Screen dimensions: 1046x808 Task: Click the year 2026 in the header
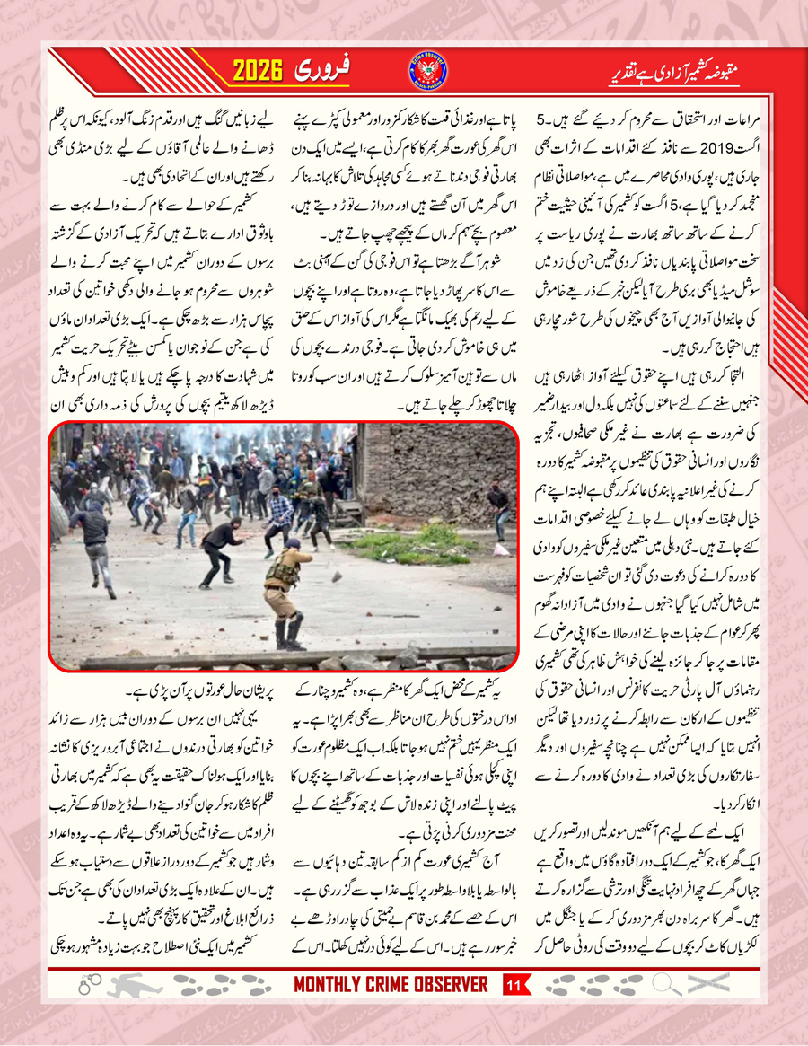click(x=267, y=70)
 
